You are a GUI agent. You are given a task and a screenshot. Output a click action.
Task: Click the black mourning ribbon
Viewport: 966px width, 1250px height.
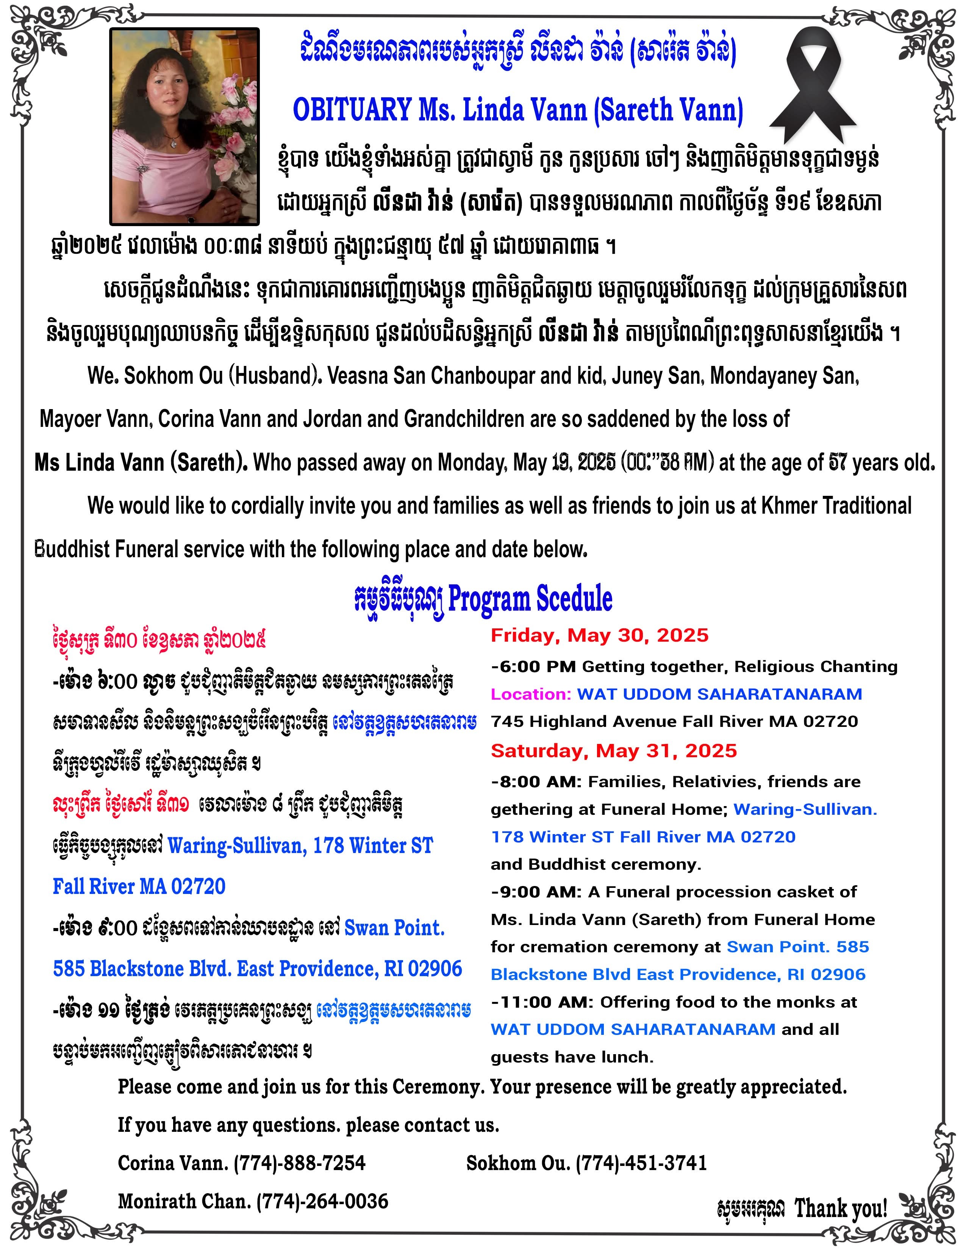pos(813,86)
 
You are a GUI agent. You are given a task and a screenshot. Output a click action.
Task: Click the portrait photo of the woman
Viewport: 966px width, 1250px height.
pos(184,126)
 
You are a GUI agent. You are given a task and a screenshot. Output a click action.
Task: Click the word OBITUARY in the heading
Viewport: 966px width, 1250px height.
pos(352,109)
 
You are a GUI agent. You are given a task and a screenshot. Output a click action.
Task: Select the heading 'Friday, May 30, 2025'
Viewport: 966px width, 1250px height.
pos(600,635)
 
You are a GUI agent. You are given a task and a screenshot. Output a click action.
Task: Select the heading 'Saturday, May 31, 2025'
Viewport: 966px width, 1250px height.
pos(613,751)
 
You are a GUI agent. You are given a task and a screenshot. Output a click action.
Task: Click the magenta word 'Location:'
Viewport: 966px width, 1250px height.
pos(530,694)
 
